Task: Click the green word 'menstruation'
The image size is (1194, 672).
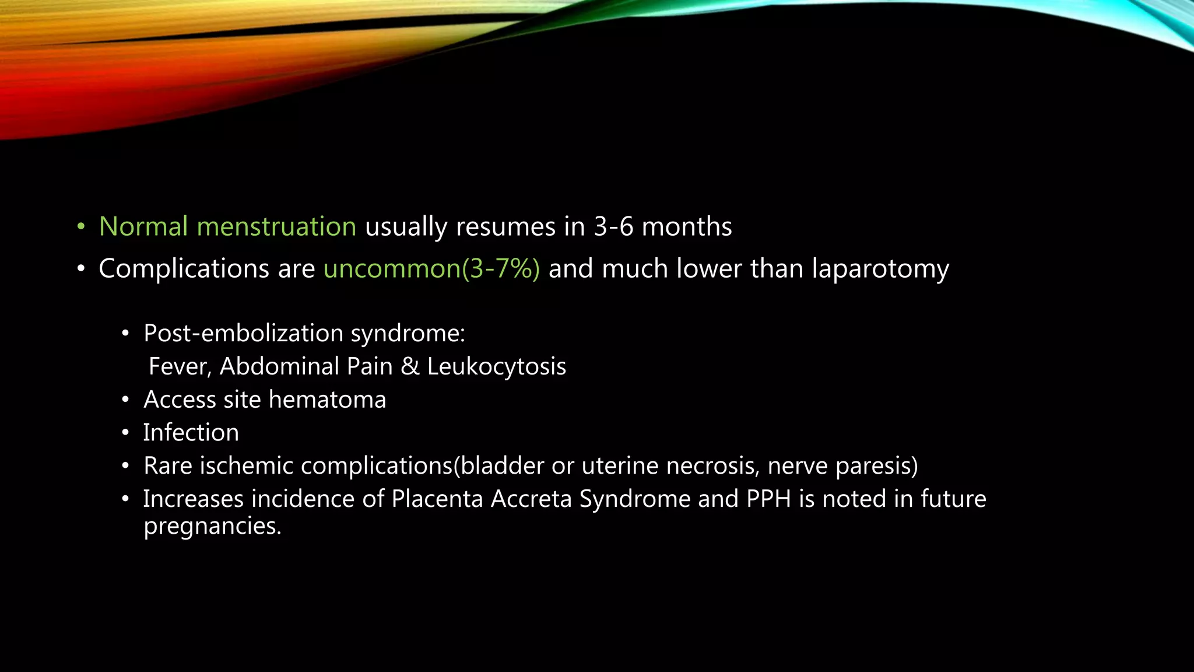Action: click(x=276, y=227)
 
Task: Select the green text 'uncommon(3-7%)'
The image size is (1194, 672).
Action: click(x=431, y=269)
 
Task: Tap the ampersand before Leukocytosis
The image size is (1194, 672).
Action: click(x=410, y=367)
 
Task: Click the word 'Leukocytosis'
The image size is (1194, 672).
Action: click(x=496, y=367)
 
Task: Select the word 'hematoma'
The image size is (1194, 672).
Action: click(x=327, y=400)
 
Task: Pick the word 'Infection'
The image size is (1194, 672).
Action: click(x=191, y=433)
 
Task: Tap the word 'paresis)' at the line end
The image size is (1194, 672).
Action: click(x=877, y=466)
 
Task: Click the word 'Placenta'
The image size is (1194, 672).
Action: click(x=437, y=499)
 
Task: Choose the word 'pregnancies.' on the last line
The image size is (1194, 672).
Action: click(x=213, y=526)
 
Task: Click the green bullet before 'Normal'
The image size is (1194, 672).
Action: click(x=81, y=227)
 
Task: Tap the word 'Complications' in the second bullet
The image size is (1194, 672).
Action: click(x=184, y=269)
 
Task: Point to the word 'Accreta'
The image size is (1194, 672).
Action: click(x=531, y=499)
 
